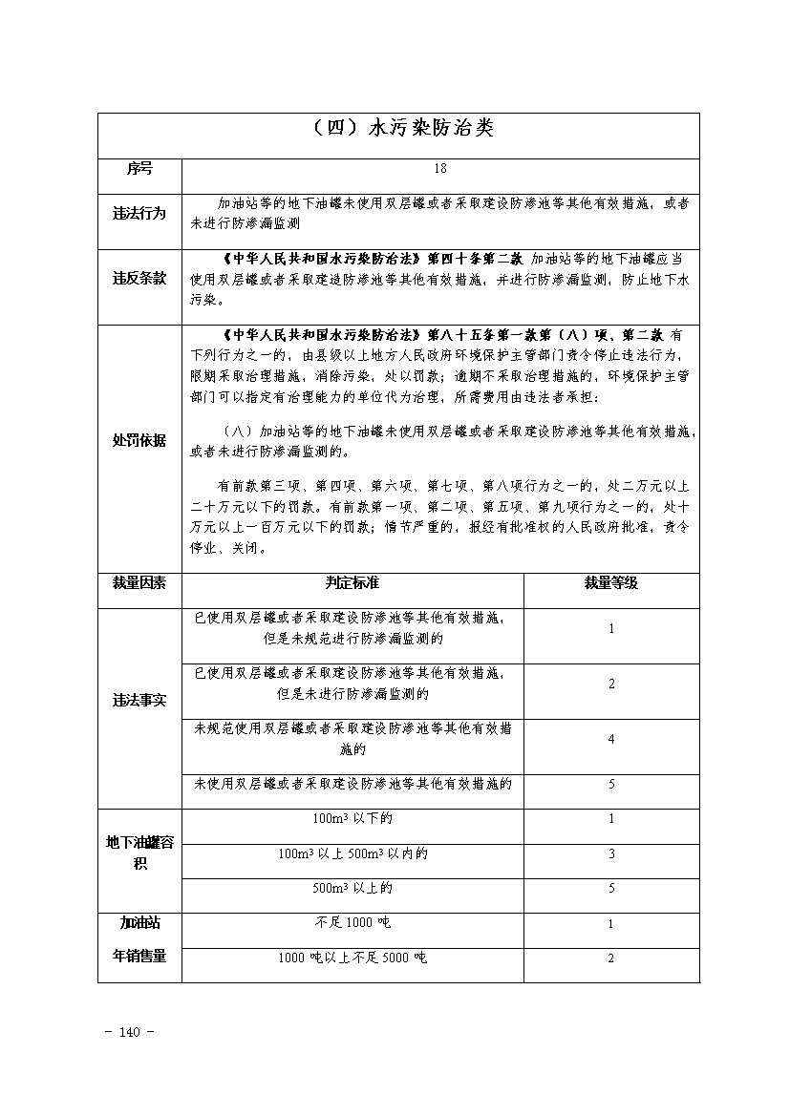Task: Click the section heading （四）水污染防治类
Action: tap(399, 129)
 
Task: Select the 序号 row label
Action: tap(139, 169)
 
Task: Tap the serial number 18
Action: tap(440, 169)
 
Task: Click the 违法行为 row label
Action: tap(139, 214)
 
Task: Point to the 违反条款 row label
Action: tap(139, 279)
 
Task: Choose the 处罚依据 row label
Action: tap(139, 440)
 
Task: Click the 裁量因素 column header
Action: tap(139, 582)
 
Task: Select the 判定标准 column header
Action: tap(352, 582)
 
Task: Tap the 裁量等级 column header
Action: tap(611, 582)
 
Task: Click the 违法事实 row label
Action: tap(139, 701)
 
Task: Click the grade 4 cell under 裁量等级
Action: tap(611, 739)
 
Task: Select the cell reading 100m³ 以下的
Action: tap(352, 819)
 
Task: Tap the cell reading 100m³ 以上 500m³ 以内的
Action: tap(352, 853)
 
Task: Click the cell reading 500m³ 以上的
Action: tap(352, 889)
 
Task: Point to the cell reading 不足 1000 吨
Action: tap(352, 923)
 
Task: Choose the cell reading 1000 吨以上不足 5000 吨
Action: tap(352, 958)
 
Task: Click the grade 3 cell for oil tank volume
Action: tap(611, 853)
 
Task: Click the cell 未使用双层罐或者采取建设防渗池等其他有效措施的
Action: tap(352, 784)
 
